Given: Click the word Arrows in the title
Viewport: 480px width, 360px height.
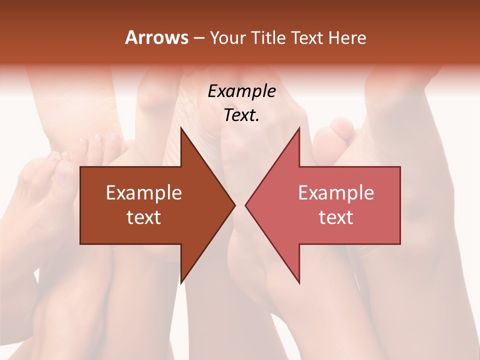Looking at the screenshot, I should pos(156,37).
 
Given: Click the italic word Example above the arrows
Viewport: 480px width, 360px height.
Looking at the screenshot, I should pos(241,92).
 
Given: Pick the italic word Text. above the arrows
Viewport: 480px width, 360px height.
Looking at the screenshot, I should pos(241,115).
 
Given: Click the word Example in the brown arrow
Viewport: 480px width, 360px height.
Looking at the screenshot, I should pos(144,193).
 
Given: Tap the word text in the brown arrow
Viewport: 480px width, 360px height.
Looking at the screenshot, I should pos(144,217).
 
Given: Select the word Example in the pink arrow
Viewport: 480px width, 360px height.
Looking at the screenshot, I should pos(336,193).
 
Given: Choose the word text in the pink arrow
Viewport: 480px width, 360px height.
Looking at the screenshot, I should pos(336,217).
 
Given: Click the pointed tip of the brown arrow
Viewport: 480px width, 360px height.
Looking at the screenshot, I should pos(234,205).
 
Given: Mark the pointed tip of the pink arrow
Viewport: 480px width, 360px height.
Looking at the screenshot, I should pos(246,205).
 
